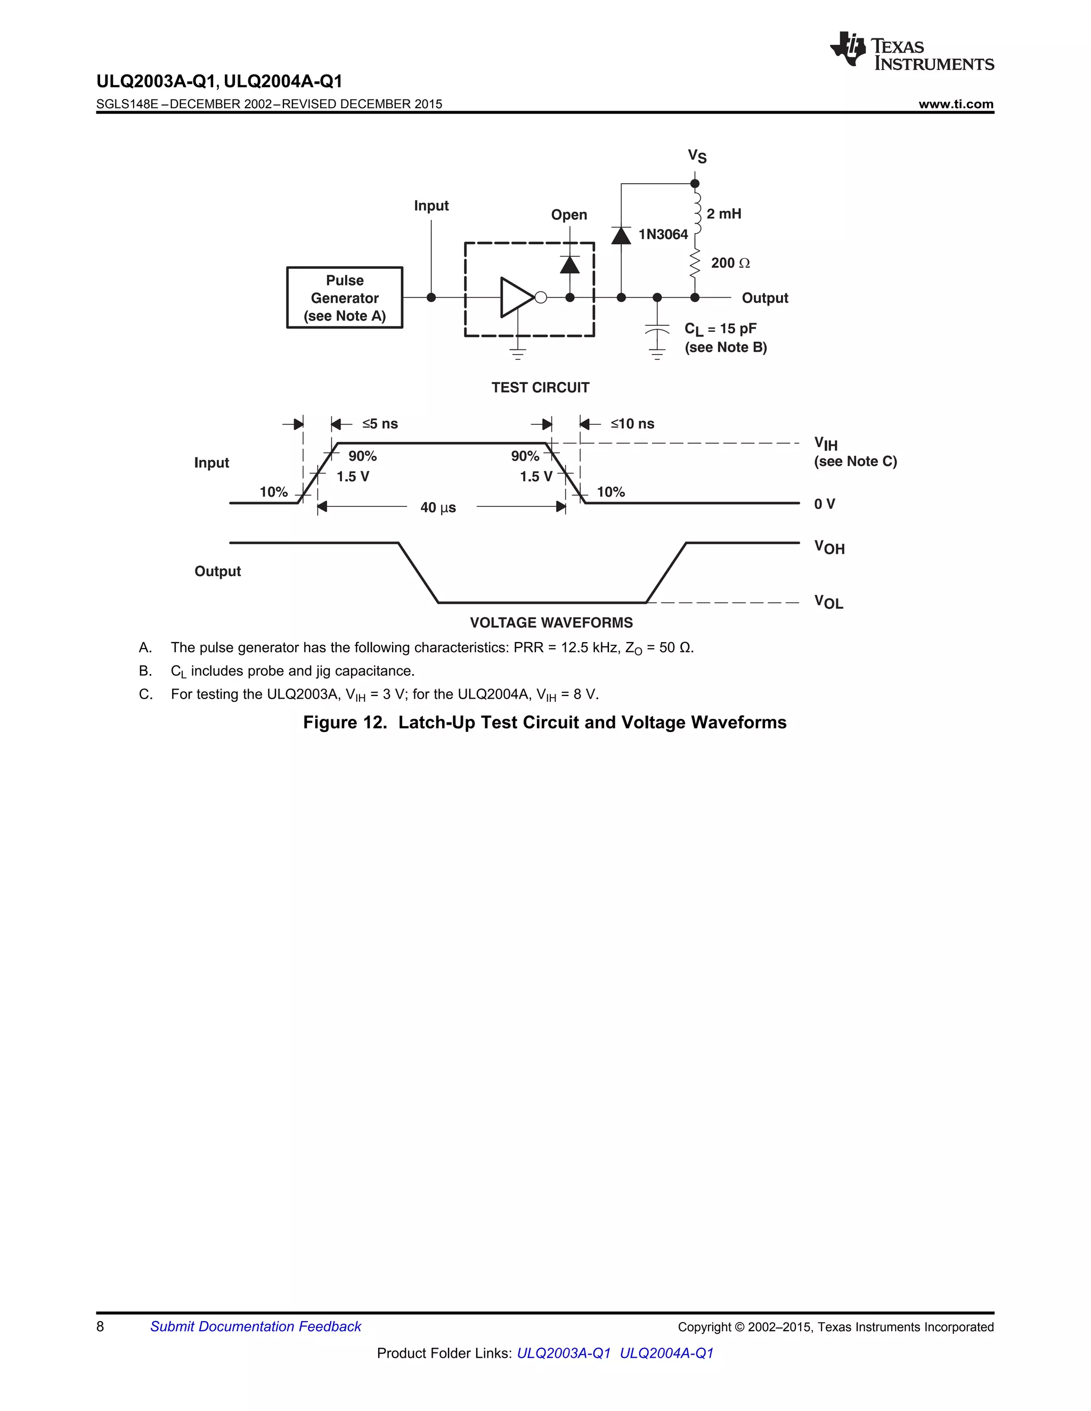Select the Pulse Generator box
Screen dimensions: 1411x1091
[345, 298]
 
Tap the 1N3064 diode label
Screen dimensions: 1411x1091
[663, 234]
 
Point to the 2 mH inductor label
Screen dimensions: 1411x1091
[723, 214]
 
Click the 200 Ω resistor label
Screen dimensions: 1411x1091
[730, 263]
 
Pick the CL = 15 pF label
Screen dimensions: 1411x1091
[720, 329]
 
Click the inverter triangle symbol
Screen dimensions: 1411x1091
[516, 297]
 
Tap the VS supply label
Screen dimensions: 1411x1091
[697, 157]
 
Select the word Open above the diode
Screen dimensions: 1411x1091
[569, 215]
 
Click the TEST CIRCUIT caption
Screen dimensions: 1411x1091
[540, 388]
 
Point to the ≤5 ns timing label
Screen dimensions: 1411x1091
[380, 424]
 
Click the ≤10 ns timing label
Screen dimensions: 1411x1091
[632, 424]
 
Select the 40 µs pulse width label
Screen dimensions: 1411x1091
[438, 508]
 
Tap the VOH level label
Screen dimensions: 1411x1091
[829, 548]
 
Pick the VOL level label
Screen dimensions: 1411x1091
[828, 602]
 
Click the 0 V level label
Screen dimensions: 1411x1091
[824, 504]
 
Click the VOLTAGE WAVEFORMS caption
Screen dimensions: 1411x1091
[551, 623]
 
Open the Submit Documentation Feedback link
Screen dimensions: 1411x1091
[255, 1326]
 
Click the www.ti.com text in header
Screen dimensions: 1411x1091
[956, 104]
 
